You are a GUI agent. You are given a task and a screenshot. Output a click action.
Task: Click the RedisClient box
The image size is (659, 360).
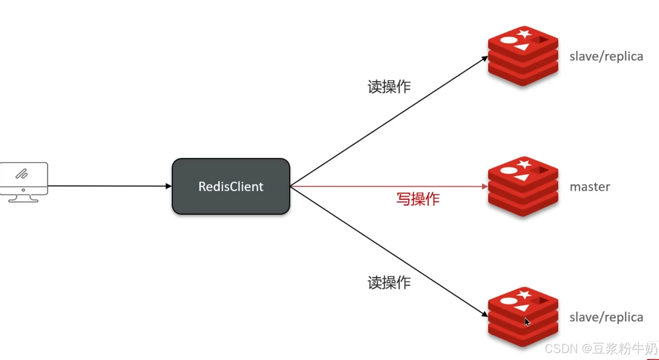tap(231, 186)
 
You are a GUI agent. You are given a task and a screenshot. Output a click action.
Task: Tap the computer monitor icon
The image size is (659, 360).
tap(24, 182)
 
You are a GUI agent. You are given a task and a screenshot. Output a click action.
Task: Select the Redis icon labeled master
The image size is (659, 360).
tap(523, 186)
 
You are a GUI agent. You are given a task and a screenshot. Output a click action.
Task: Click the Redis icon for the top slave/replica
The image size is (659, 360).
tap(523, 56)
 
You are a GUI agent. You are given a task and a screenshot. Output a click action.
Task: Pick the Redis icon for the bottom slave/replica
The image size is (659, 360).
tap(523, 317)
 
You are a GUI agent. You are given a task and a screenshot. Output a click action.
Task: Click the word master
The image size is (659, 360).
tap(590, 187)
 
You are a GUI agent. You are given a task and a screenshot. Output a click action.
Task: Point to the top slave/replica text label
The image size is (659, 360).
tap(606, 56)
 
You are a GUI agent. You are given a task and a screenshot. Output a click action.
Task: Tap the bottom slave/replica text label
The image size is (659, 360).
tap(606, 317)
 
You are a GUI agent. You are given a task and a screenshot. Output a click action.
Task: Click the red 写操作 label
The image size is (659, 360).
tap(418, 199)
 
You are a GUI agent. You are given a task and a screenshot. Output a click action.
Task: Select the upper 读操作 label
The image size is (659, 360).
tap(389, 87)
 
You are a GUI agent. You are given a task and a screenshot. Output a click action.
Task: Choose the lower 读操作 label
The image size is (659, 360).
tap(389, 283)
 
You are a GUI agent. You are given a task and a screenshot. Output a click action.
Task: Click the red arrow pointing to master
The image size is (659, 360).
tap(387, 186)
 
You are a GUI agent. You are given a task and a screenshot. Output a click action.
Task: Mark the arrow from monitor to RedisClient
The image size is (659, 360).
tap(108, 186)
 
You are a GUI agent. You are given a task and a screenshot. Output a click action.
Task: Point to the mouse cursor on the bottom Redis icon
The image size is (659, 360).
tap(527, 322)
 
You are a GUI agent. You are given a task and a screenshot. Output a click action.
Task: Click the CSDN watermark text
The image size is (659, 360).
tap(601, 348)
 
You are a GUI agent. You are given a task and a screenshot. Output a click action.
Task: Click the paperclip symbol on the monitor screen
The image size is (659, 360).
tap(22, 174)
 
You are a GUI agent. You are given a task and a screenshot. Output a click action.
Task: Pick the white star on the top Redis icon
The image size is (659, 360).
tap(524, 33)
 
